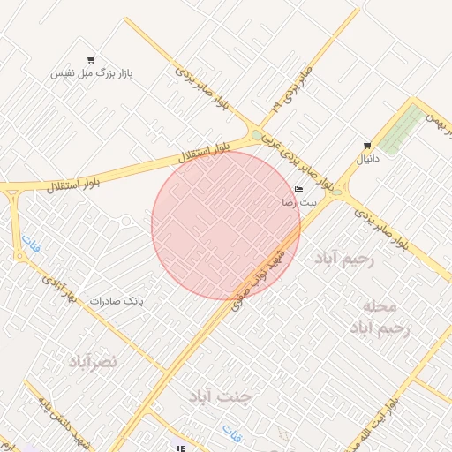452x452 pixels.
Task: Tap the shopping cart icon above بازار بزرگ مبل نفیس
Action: pos(91,60)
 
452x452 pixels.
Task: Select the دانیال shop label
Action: pos(366,160)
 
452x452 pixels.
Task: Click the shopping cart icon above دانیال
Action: pos(367,146)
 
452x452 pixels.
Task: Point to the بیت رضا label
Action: pos(298,202)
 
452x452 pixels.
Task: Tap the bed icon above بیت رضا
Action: pos(298,189)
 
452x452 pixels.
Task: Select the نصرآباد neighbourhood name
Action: pos(93,362)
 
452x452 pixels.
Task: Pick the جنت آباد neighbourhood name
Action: pos(220,396)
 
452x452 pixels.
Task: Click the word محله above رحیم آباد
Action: pos(380,306)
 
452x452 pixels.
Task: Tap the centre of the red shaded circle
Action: pos(226,225)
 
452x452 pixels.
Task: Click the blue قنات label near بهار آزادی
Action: pos(31,245)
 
